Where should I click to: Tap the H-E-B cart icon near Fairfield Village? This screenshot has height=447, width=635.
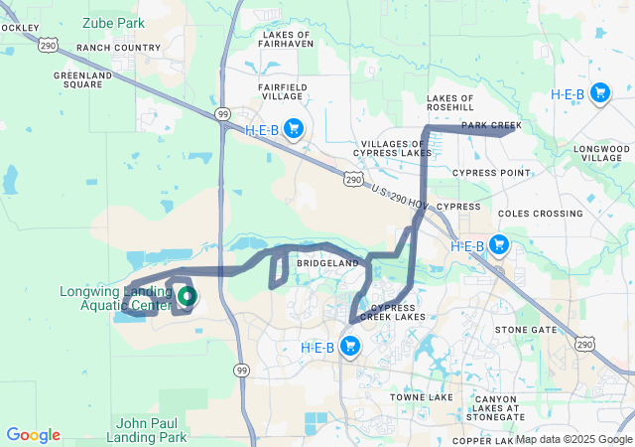[x=293, y=128]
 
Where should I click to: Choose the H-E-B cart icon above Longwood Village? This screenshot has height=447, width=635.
[x=599, y=93]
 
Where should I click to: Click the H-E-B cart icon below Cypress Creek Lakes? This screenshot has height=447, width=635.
[x=349, y=346]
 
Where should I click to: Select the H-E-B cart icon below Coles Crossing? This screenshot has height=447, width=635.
[x=498, y=244]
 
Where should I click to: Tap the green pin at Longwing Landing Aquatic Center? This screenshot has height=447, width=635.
[x=186, y=296]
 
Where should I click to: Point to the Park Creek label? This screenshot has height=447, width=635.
[x=491, y=125]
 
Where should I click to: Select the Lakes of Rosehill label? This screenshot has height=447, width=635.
[x=450, y=104]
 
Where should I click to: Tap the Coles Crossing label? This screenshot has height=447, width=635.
[x=540, y=214]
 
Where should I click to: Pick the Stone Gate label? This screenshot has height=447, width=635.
[x=525, y=329]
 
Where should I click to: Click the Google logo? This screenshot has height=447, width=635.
[x=33, y=435]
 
